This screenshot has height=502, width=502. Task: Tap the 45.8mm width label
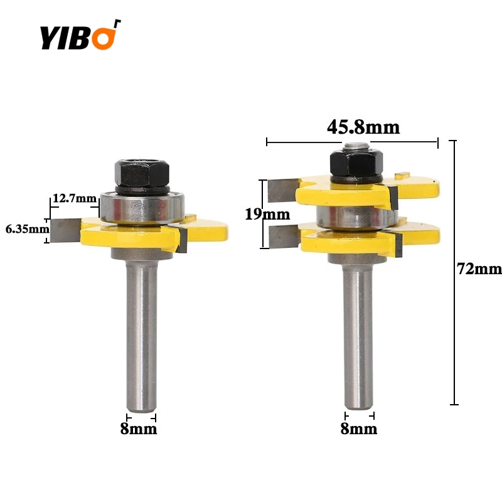click(363, 127)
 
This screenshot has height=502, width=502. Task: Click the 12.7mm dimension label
click(75, 198)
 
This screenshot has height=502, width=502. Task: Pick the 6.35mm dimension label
click(27, 229)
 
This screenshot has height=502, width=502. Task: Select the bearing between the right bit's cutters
click(355, 216)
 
